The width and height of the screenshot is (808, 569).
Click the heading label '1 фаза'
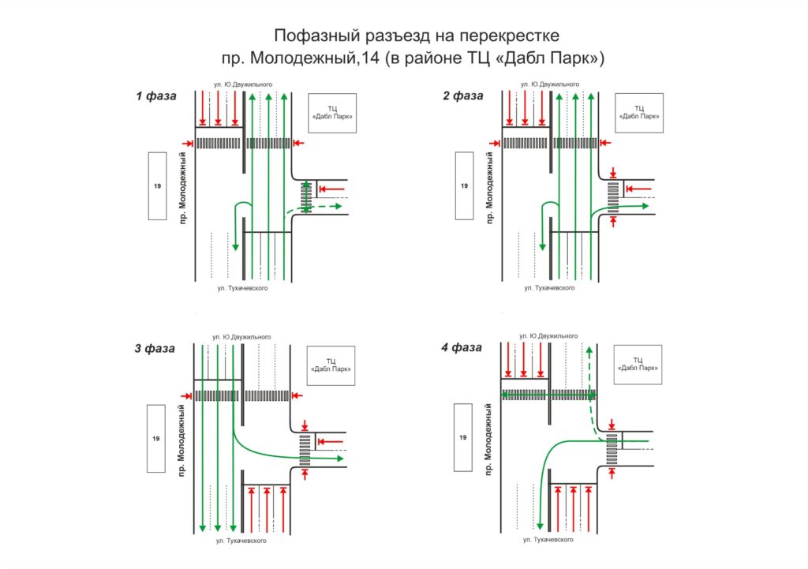click(155, 96)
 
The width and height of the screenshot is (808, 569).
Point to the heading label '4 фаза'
click(462, 347)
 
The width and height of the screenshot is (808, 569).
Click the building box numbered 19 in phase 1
click(155, 185)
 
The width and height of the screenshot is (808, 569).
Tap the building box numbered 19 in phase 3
click(155, 438)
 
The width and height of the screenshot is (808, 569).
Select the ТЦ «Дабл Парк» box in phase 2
click(639, 112)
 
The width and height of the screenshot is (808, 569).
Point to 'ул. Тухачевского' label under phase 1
click(243, 289)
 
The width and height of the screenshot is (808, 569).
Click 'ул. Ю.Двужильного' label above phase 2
click(550, 84)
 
